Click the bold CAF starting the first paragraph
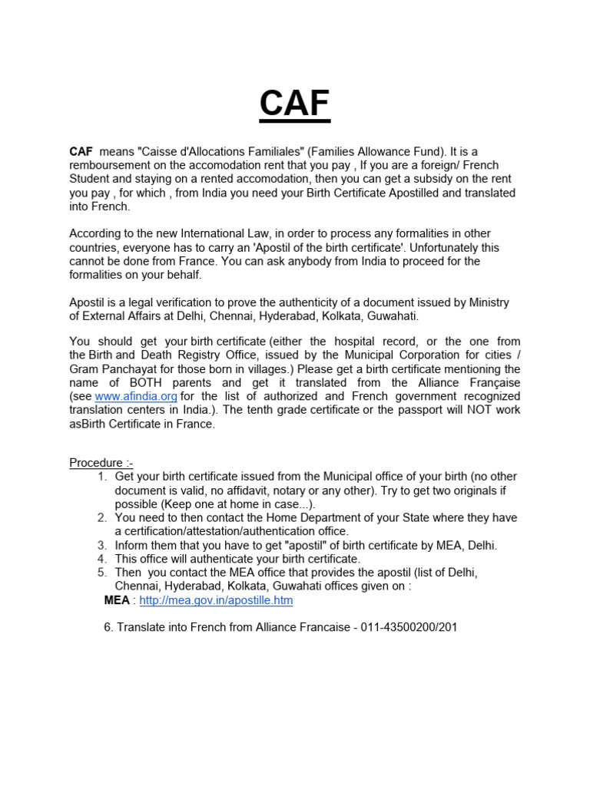point(81,152)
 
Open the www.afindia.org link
point(136,396)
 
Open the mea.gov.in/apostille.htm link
point(216,600)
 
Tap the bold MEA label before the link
point(116,600)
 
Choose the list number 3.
point(102,545)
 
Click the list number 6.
point(108,628)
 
